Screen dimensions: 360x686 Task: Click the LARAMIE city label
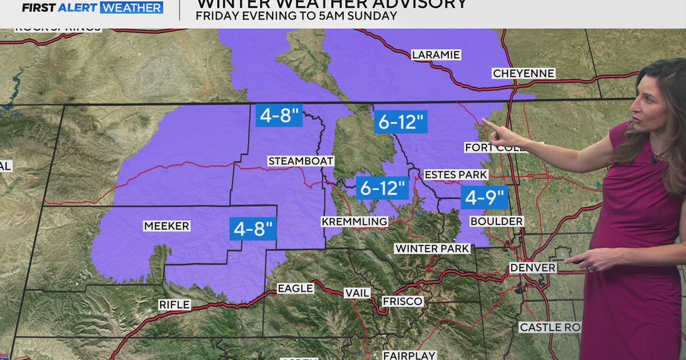[436, 55]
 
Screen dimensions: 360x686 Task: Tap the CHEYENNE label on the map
[523, 74]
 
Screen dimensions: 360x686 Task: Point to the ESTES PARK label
[456, 175]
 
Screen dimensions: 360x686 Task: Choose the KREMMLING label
[354, 222]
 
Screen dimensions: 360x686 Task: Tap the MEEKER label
[166, 227]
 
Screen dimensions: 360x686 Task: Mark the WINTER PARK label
[432, 249]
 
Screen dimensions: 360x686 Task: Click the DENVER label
[533, 268]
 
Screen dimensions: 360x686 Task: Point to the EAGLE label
[295, 289]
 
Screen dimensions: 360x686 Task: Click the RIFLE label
[175, 305]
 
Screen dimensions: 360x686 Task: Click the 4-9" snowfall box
[485, 198]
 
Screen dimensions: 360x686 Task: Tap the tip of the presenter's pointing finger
[484, 121]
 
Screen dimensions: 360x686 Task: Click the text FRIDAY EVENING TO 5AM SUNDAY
[296, 16]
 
